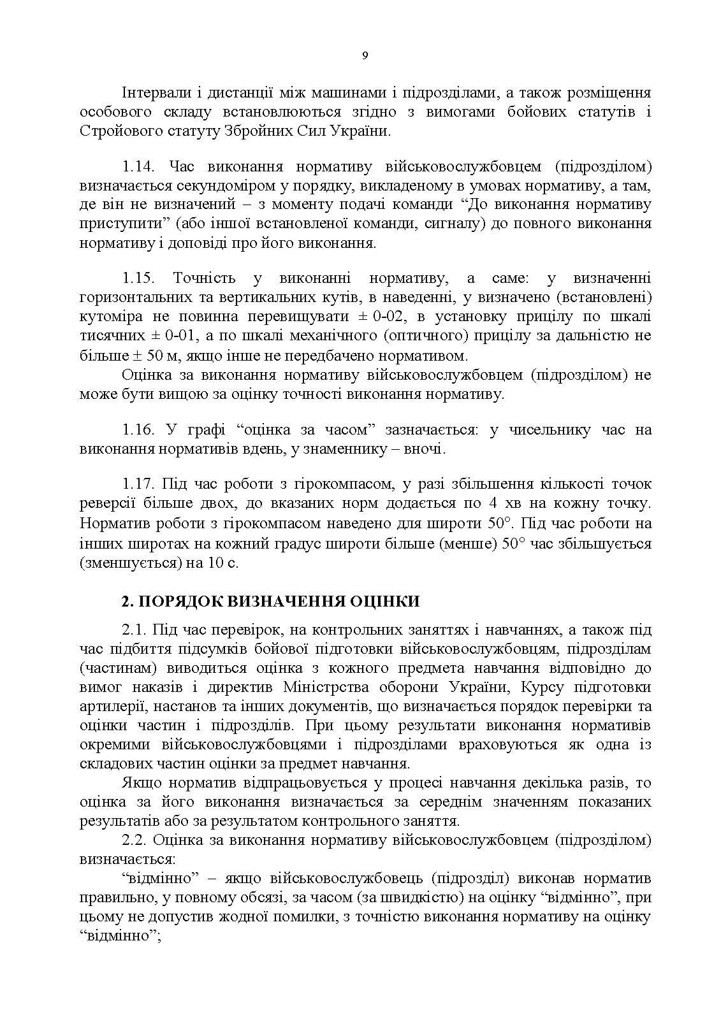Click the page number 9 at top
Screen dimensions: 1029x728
pos(365,55)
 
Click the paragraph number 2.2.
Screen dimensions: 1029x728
pos(134,840)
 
